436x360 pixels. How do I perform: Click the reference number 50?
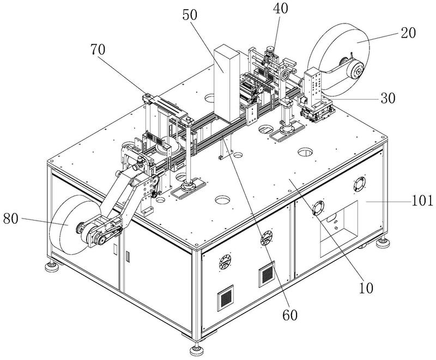190,15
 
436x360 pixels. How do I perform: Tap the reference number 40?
280,8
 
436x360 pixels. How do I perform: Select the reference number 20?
408,33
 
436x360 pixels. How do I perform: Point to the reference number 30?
388,98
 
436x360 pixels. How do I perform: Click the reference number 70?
98,50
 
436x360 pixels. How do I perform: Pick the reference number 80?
11,219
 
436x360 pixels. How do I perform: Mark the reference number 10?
366,288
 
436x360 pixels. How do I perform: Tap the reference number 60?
290,315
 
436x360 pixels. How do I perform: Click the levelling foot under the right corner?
383,243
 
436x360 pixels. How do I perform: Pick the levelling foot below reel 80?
52,266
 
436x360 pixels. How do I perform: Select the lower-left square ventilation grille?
225,298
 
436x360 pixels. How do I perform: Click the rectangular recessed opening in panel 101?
338,228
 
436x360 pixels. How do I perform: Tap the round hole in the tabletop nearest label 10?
305,152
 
